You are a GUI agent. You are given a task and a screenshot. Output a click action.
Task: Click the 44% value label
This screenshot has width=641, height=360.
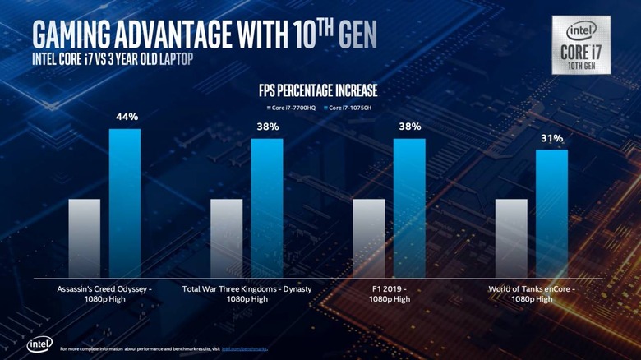tap(127, 118)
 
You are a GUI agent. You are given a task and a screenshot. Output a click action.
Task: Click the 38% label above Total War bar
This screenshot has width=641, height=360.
tap(268, 127)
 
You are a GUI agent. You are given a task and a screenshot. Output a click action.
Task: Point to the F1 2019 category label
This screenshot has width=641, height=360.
tap(390, 294)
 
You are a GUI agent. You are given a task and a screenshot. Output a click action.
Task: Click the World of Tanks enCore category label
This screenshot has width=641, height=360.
tap(531, 294)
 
